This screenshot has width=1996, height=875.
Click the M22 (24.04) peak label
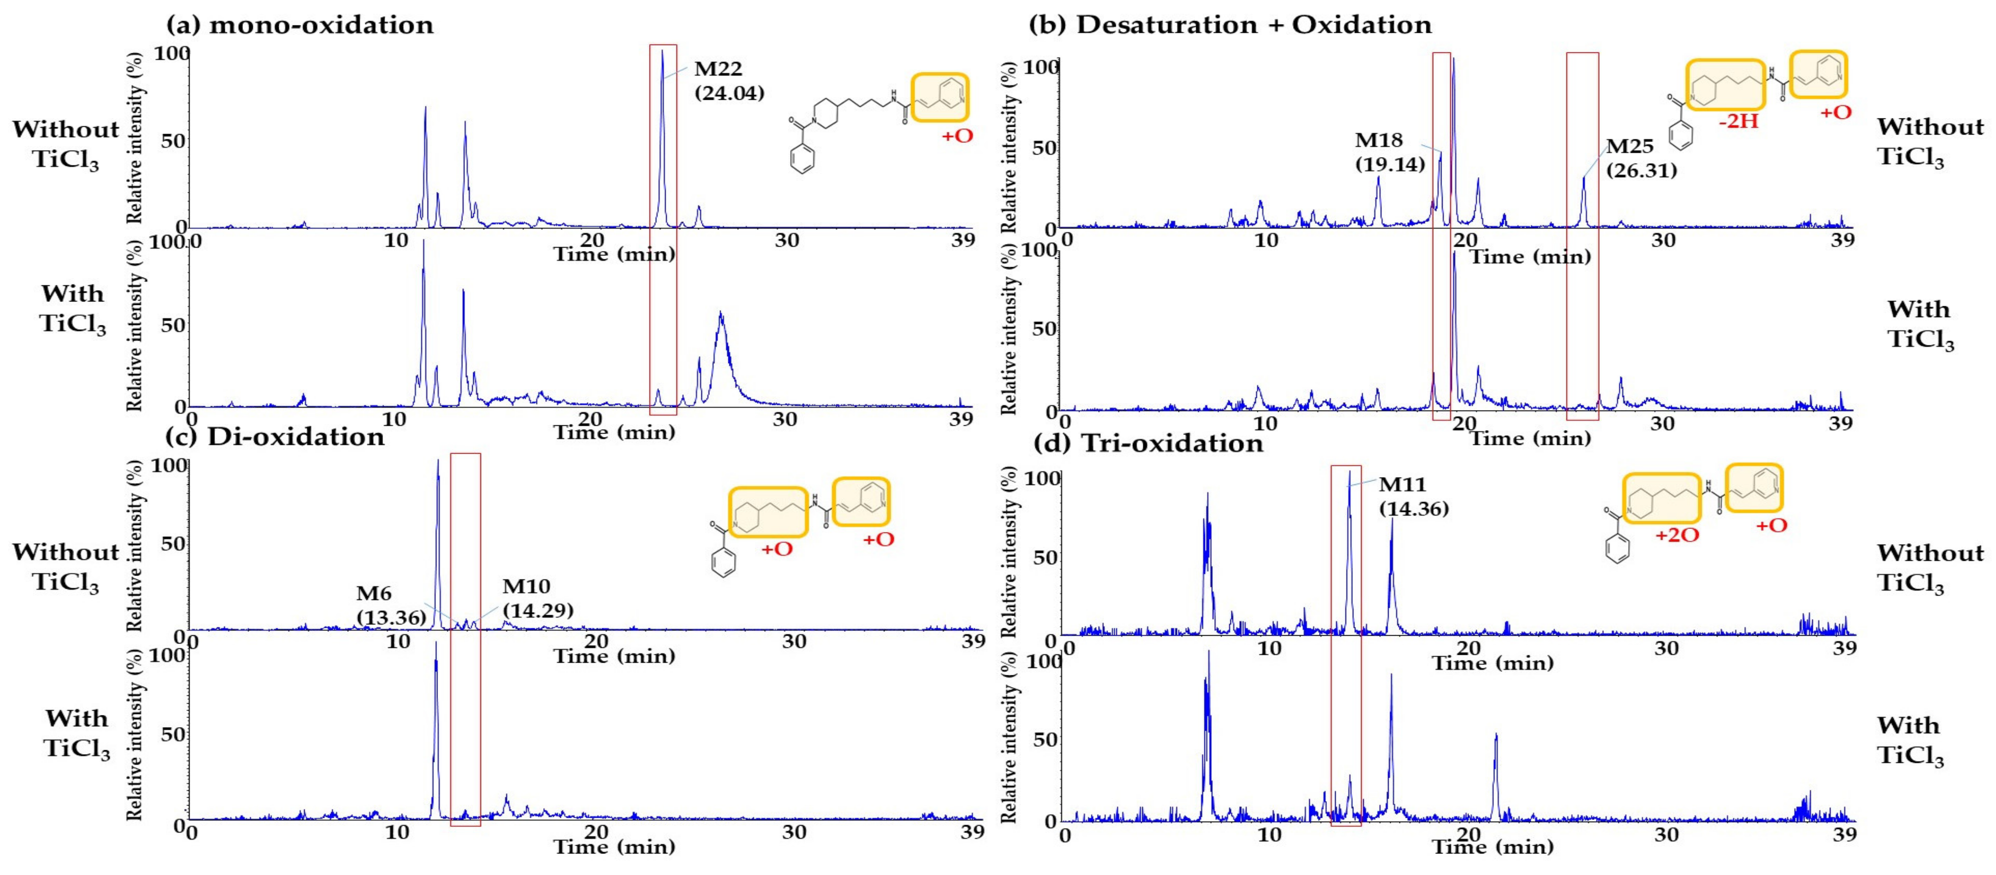click(728, 81)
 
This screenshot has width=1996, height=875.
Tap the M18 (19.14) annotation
click(1389, 152)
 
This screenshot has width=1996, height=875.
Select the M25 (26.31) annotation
click(1640, 158)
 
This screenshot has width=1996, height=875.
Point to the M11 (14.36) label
click(1413, 496)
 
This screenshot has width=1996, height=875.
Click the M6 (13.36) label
click(390, 605)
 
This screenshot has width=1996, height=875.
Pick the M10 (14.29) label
click(537, 598)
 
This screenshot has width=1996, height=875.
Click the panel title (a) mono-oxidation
click(300, 25)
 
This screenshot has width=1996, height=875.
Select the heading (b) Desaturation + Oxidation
click(1229, 25)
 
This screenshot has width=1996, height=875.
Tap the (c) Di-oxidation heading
click(275, 437)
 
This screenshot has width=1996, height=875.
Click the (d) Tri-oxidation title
click(1148, 443)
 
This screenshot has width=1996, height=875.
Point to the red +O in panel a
click(957, 136)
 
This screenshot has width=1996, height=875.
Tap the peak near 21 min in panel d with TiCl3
click(1495, 736)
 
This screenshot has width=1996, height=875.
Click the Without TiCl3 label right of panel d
click(1929, 568)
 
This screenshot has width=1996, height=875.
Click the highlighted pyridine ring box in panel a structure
click(939, 97)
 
